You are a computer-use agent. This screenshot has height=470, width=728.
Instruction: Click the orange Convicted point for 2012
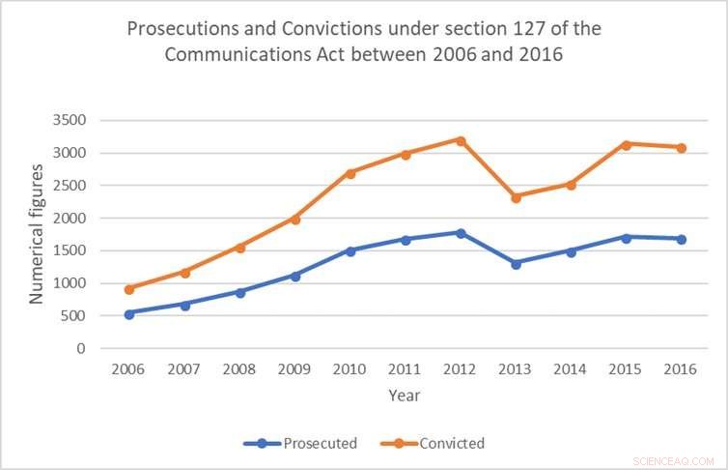coord(461,141)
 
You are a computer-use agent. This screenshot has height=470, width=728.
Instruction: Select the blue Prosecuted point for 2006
coord(129,313)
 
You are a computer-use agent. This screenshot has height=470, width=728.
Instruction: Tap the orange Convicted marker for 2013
coord(517,197)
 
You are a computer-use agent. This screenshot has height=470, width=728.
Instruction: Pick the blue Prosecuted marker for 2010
coord(350,250)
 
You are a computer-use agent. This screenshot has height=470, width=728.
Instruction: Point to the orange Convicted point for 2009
coord(295,220)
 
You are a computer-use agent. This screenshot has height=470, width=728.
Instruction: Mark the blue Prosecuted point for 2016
coord(682,239)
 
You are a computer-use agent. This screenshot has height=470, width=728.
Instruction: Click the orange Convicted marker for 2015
coord(627,145)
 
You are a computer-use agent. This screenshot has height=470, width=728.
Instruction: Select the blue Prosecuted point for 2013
coord(517,263)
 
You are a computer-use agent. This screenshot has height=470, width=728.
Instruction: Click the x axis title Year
coord(404,395)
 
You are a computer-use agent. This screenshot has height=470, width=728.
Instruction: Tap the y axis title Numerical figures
coord(36,234)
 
